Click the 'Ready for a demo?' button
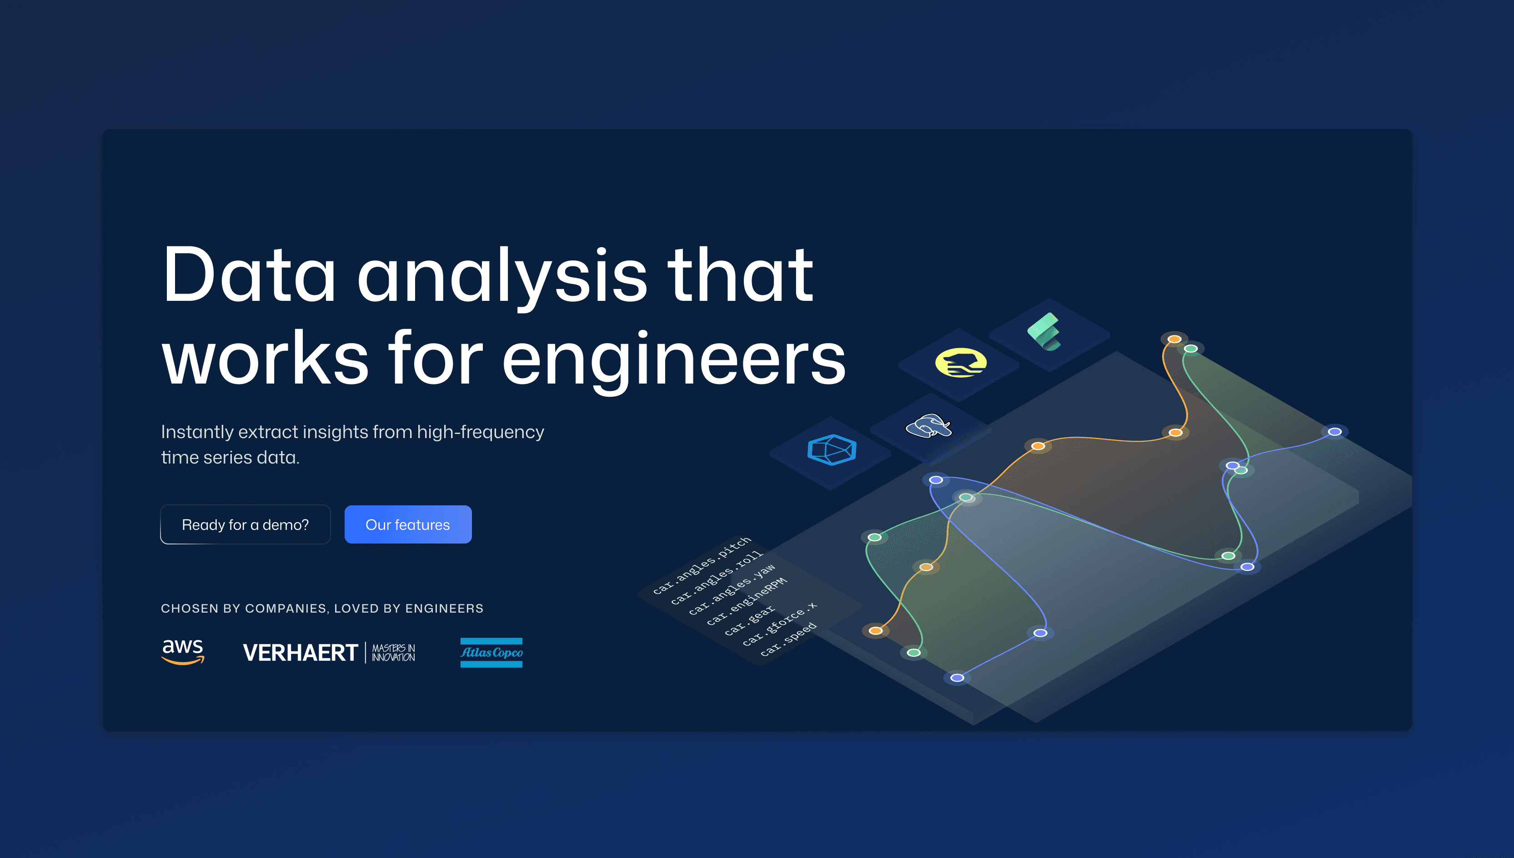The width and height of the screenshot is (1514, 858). (245, 524)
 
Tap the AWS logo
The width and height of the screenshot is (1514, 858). (183, 651)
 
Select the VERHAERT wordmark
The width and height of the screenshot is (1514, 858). (300, 652)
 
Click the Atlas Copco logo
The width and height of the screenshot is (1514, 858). (491, 652)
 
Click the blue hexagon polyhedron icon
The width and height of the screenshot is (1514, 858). (831, 450)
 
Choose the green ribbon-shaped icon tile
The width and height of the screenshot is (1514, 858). (1048, 333)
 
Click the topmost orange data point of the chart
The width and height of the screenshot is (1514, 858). (1174, 339)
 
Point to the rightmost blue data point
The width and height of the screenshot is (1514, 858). (1335, 432)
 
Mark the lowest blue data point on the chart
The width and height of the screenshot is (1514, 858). (958, 678)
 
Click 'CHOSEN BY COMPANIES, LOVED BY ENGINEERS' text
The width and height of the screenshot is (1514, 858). (322, 608)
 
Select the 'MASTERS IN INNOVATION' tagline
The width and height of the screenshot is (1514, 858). (393, 652)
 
